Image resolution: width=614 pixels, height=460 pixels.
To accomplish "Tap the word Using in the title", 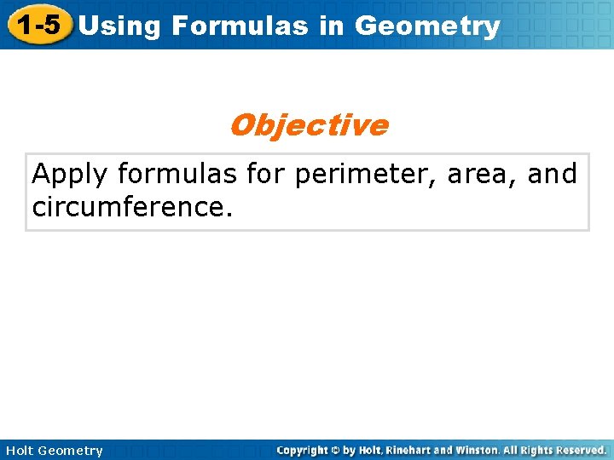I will (x=119, y=26).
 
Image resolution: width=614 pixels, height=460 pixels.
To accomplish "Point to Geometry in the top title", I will (x=427, y=26).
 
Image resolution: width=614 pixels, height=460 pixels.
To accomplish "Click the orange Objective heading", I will (x=308, y=125).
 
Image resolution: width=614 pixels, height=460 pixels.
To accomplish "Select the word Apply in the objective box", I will (x=71, y=175).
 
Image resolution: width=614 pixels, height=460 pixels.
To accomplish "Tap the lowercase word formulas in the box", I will (x=178, y=175).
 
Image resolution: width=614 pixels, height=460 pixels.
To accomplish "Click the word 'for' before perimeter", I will (x=265, y=175).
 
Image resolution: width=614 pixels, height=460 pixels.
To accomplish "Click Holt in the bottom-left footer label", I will (x=20, y=451).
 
